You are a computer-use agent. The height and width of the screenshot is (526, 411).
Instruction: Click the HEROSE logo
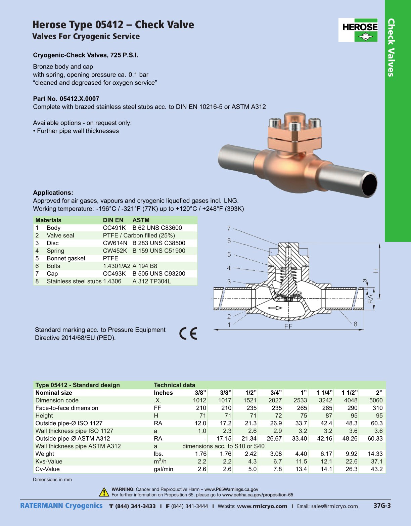point(358,30)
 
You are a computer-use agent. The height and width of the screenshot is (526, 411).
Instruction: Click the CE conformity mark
point(188,333)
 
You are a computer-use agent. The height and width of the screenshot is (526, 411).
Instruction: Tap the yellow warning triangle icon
point(104,492)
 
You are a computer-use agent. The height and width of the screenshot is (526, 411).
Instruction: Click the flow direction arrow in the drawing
point(275,308)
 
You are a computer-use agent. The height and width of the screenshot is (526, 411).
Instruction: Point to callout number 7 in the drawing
point(229,228)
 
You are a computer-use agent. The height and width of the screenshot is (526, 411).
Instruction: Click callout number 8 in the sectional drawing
point(355,324)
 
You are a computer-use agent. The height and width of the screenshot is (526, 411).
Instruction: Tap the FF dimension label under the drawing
point(288,326)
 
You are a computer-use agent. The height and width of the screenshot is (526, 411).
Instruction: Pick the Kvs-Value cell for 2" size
point(376,462)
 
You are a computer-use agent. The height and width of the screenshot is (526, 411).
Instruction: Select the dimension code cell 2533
point(300,400)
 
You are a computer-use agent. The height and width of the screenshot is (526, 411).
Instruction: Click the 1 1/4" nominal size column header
point(324,393)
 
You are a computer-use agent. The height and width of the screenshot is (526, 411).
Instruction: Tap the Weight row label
point(45,454)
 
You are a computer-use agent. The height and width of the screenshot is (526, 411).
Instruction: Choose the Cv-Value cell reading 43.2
point(376,469)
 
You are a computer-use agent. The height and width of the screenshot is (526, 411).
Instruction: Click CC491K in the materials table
point(114,228)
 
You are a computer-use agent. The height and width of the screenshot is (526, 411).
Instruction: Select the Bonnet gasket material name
point(66,258)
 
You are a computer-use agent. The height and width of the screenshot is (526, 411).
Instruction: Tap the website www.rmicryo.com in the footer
point(262,506)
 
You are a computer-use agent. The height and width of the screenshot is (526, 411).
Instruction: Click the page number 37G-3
point(382,506)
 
